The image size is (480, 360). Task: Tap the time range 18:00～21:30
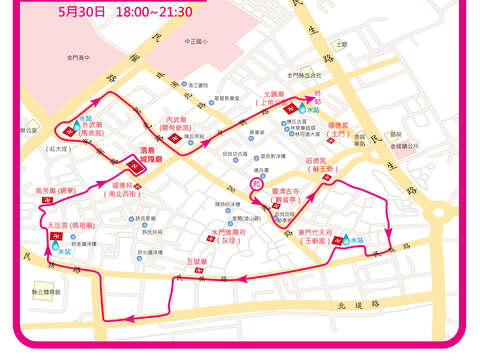coord(154,13)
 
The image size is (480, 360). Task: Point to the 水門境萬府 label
coord(227,236)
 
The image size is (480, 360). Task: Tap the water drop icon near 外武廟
coord(76,125)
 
